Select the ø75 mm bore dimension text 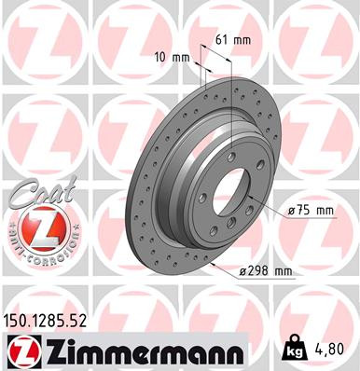(311, 211)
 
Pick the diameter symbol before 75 (293, 211)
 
